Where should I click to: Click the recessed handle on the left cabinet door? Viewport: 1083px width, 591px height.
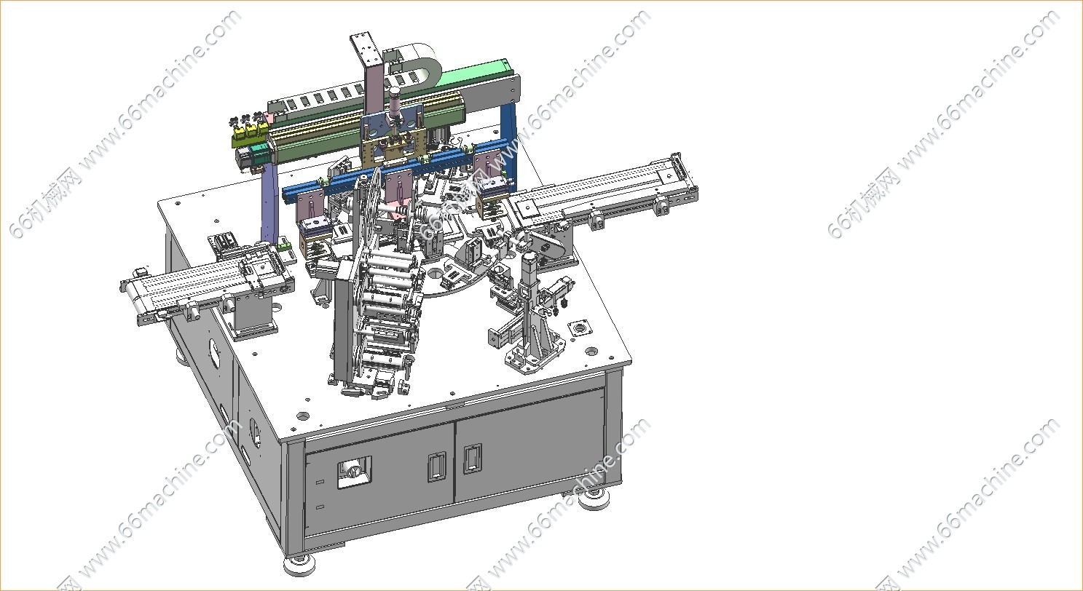[436, 467]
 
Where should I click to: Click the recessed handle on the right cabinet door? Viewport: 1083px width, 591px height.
[472, 459]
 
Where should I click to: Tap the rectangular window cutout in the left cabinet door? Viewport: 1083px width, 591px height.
[355, 472]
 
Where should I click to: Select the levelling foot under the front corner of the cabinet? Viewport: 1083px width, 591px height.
[300, 566]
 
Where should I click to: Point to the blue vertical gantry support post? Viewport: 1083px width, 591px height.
[508, 130]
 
